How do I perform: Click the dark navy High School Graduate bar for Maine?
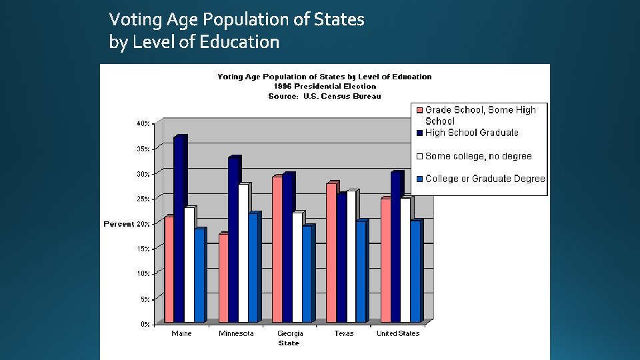[179, 230]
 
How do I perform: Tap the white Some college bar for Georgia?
[297, 267]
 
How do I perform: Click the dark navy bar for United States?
[396, 247]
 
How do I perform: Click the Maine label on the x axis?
[181, 333]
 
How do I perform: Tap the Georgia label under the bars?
[290, 333]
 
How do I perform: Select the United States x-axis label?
[398, 333]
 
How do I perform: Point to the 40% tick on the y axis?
[143, 123]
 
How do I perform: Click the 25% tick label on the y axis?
[143, 199]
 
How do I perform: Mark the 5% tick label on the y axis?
[145, 299]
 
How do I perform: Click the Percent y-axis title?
[119, 224]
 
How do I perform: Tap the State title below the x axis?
[289, 343]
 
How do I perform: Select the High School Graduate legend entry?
[471, 133]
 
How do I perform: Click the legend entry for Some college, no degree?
[478, 156]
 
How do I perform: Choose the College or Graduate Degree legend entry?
[485, 179]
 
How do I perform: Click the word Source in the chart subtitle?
[281, 96]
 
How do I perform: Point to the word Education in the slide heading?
[241, 42]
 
